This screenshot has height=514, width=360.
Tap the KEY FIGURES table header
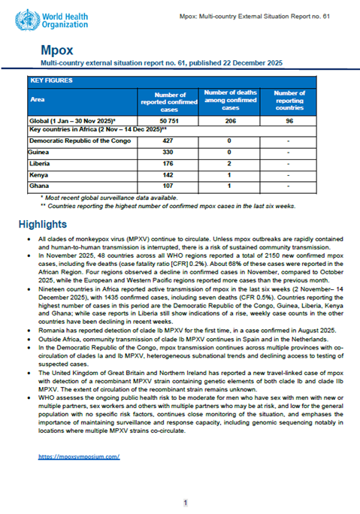(54, 79)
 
